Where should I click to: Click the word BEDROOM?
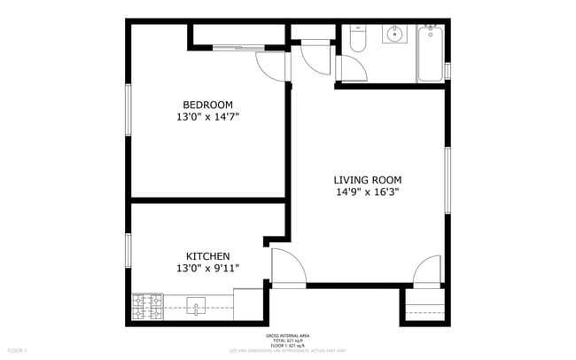tap(208, 103)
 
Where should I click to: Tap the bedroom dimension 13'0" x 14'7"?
tap(208, 116)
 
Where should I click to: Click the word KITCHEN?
tap(208, 255)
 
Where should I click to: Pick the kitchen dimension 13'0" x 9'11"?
tap(208, 268)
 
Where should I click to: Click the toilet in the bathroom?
tap(358, 39)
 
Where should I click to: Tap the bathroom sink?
tap(393, 35)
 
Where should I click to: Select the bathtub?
tap(431, 53)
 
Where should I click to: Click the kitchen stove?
tap(147, 307)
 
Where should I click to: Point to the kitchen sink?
tap(197, 308)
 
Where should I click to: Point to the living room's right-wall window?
tap(448, 181)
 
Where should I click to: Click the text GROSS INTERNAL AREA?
tap(287, 336)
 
